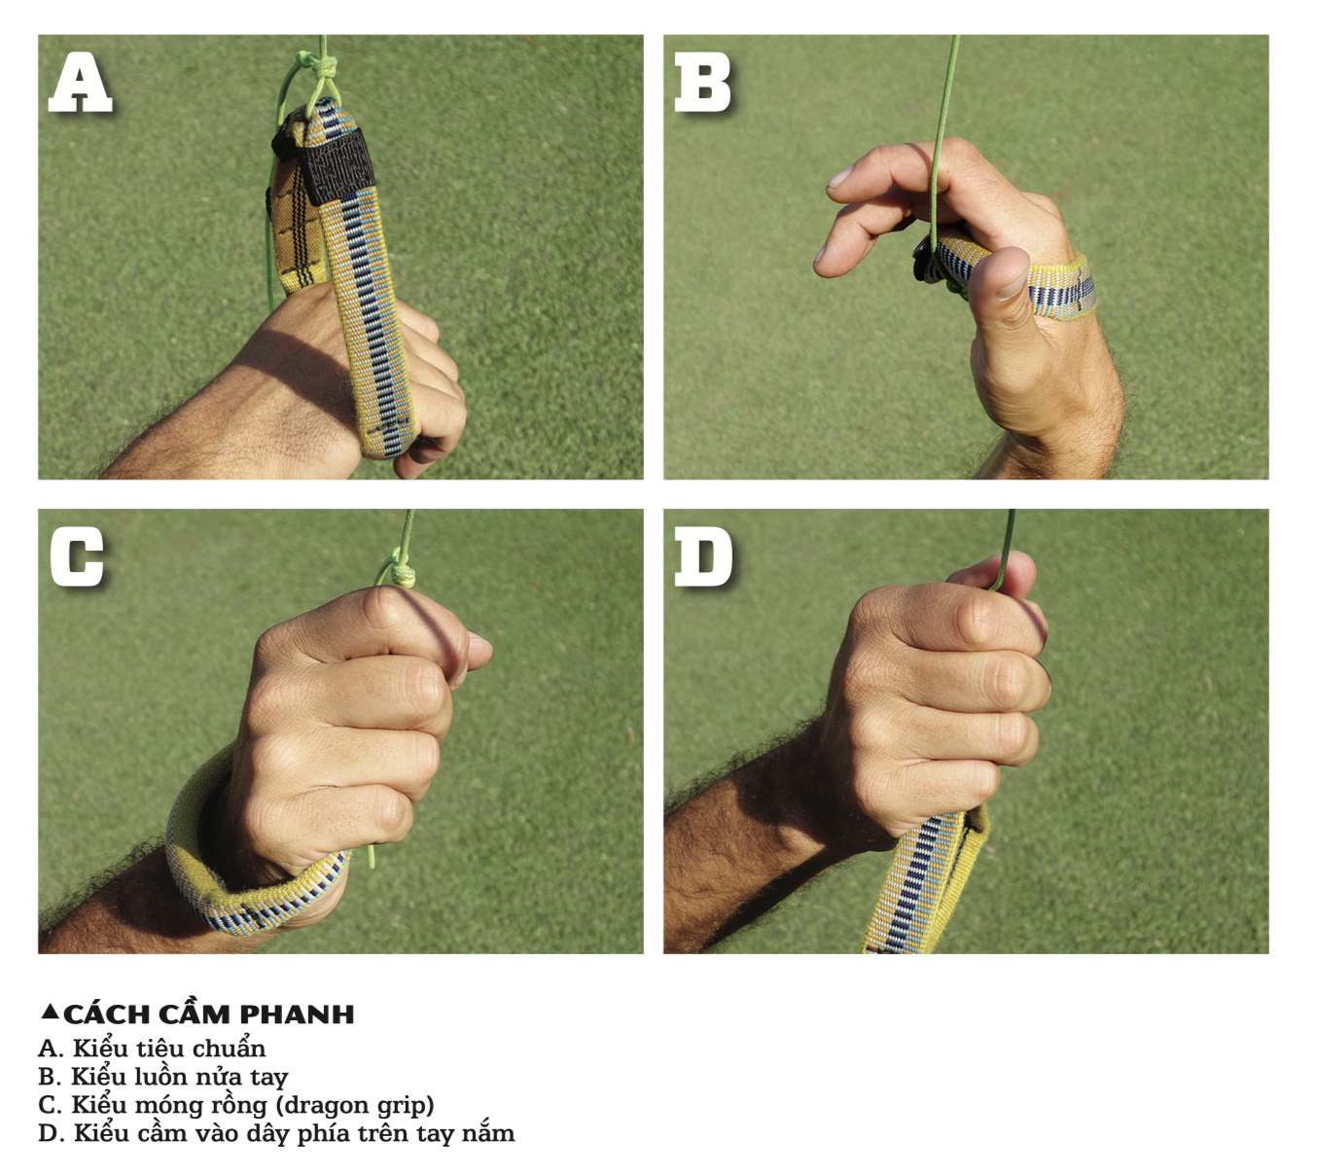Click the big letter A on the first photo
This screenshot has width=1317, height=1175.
[x=81, y=83]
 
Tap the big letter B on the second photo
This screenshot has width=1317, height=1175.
[x=702, y=83]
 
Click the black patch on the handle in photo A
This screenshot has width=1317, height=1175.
[x=337, y=165]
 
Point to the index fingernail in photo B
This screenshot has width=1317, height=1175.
[x=839, y=177]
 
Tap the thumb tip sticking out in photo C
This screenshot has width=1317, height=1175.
[x=479, y=651]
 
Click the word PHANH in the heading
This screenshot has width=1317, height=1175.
[x=297, y=1015]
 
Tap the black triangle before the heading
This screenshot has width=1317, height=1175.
[x=50, y=1012]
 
